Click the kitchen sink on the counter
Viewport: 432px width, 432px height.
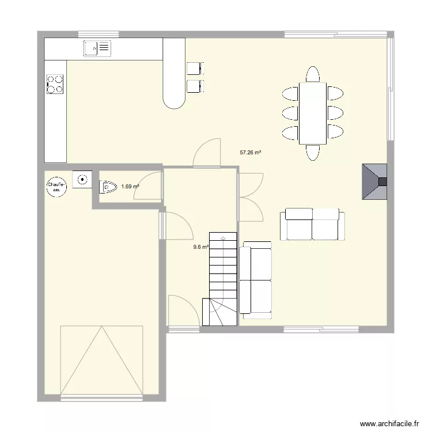point(97,48)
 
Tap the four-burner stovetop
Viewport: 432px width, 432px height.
point(55,84)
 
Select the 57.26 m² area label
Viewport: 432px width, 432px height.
point(251,153)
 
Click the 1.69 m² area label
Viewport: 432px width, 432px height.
point(130,187)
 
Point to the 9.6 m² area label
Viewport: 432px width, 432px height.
point(200,247)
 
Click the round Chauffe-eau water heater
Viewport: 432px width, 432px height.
point(56,185)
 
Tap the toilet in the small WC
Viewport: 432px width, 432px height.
point(108,187)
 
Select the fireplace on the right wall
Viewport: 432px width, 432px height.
point(374,182)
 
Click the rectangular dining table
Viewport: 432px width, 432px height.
point(313,113)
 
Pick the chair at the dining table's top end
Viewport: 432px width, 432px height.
point(313,75)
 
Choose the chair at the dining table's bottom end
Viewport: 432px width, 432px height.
point(313,152)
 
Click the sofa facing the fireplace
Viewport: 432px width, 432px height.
point(312,225)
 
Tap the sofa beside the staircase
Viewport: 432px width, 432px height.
point(256,279)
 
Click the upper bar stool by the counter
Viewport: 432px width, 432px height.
point(194,68)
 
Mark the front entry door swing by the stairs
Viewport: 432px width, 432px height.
point(181,311)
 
